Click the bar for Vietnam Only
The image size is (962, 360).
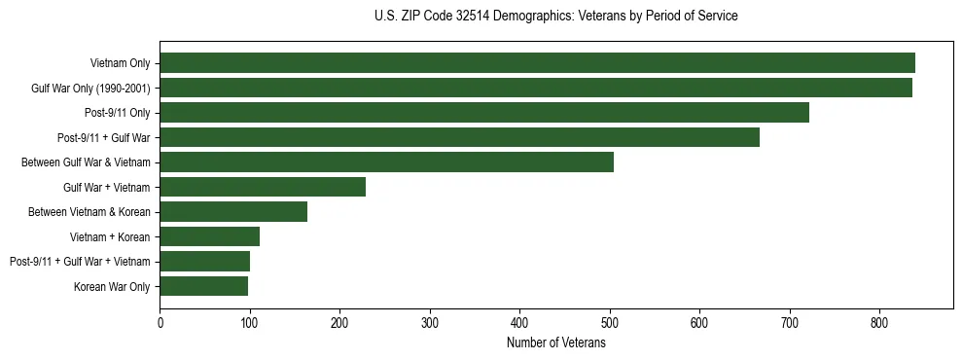click(x=537, y=63)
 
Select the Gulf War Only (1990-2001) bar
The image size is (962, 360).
click(x=536, y=88)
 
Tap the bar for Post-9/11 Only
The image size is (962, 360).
click(x=484, y=113)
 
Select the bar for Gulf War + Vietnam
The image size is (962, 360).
click(x=263, y=187)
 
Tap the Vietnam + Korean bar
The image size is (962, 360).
click(x=209, y=236)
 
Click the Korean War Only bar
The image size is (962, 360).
click(x=203, y=286)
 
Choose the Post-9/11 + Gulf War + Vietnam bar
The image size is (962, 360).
click(x=204, y=262)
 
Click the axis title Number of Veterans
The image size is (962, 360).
click(x=556, y=342)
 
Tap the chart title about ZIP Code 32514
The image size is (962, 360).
click(x=555, y=17)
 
